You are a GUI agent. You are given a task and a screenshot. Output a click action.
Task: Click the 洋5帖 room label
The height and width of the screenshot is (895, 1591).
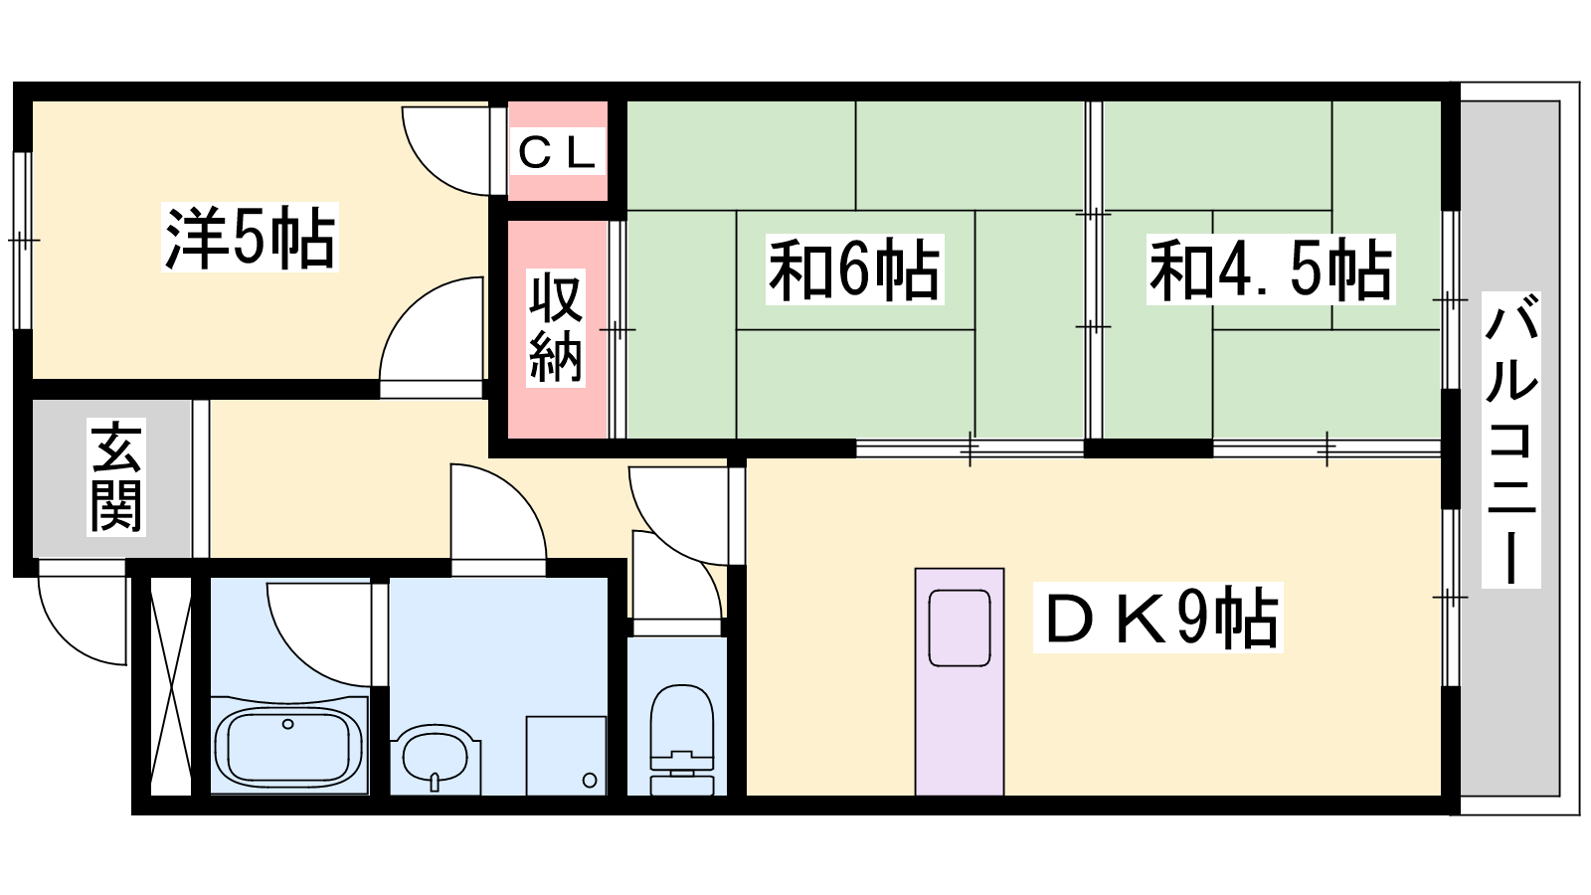pyautogui.click(x=250, y=238)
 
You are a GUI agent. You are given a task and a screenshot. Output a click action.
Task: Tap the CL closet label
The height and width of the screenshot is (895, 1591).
pyautogui.click(x=557, y=152)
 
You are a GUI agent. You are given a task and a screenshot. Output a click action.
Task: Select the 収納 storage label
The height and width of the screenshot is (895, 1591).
pyautogui.click(x=556, y=327)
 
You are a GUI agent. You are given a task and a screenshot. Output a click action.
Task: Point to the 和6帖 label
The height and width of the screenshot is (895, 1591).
pyautogui.click(x=854, y=269)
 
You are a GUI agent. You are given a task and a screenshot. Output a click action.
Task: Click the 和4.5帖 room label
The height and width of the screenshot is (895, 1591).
pyautogui.click(x=1271, y=269)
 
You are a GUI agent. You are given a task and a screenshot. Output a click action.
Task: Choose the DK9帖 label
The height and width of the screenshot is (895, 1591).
pyautogui.click(x=1157, y=618)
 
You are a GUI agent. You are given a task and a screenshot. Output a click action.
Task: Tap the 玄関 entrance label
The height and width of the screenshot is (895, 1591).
pyautogui.click(x=116, y=476)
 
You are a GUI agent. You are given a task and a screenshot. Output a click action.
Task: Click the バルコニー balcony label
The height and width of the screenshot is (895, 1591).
pyautogui.click(x=1510, y=440)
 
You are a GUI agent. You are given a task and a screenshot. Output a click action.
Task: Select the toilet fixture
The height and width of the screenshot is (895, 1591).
pyautogui.click(x=681, y=740)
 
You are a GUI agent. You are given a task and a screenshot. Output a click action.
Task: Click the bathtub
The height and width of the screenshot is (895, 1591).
pyautogui.click(x=288, y=747)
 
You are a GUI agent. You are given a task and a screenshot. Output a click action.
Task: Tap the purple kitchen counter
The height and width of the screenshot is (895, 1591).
pyautogui.click(x=959, y=682)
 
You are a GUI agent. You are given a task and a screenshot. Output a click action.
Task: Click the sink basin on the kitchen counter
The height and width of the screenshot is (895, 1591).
pyautogui.click(x=959, y=627)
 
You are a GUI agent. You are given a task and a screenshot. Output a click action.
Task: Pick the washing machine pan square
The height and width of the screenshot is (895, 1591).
pyautogui.click(x=566, y=756)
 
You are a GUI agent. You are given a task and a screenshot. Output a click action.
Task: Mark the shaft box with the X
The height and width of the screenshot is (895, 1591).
pyautogui.click(x=171, y=686)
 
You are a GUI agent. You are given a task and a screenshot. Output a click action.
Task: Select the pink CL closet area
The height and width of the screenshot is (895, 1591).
pyautogui.click(x=558, y=150)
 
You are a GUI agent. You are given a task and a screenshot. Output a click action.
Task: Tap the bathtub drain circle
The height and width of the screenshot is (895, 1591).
pyautogui.click(x=287, y=724)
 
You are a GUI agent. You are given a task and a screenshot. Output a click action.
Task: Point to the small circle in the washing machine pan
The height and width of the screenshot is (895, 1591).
pyautogui.click(x=589, y=781)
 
